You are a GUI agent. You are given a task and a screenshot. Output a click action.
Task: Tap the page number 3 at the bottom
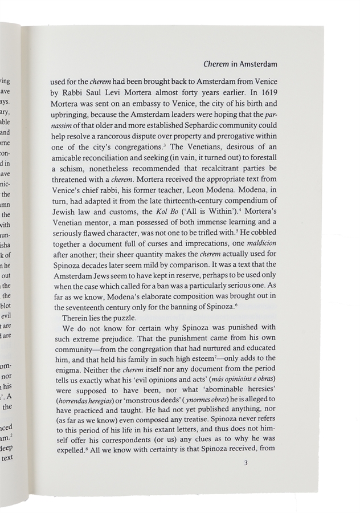pyautogui.click(x=245, y=462)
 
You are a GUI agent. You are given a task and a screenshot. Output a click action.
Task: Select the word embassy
pyautogui.click(x=146, y=103)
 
